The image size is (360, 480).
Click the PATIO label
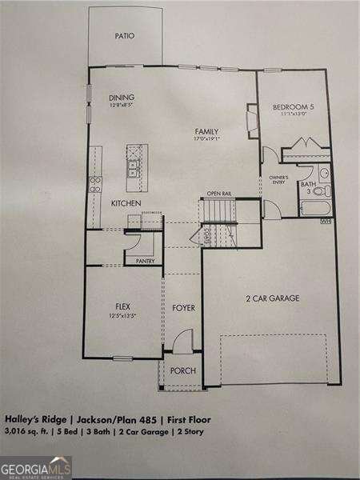[124, 36]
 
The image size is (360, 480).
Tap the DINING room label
[122, 98]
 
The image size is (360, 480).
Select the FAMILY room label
[206, 132]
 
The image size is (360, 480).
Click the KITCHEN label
[126, 204]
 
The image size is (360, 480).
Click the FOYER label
[183, 307]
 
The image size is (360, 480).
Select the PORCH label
[183, 370]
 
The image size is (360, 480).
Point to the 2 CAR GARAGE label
[272, 298]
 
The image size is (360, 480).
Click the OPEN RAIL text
[218, 194]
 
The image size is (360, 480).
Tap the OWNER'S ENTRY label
[278, 179]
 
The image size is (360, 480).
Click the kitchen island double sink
[133, 168]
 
